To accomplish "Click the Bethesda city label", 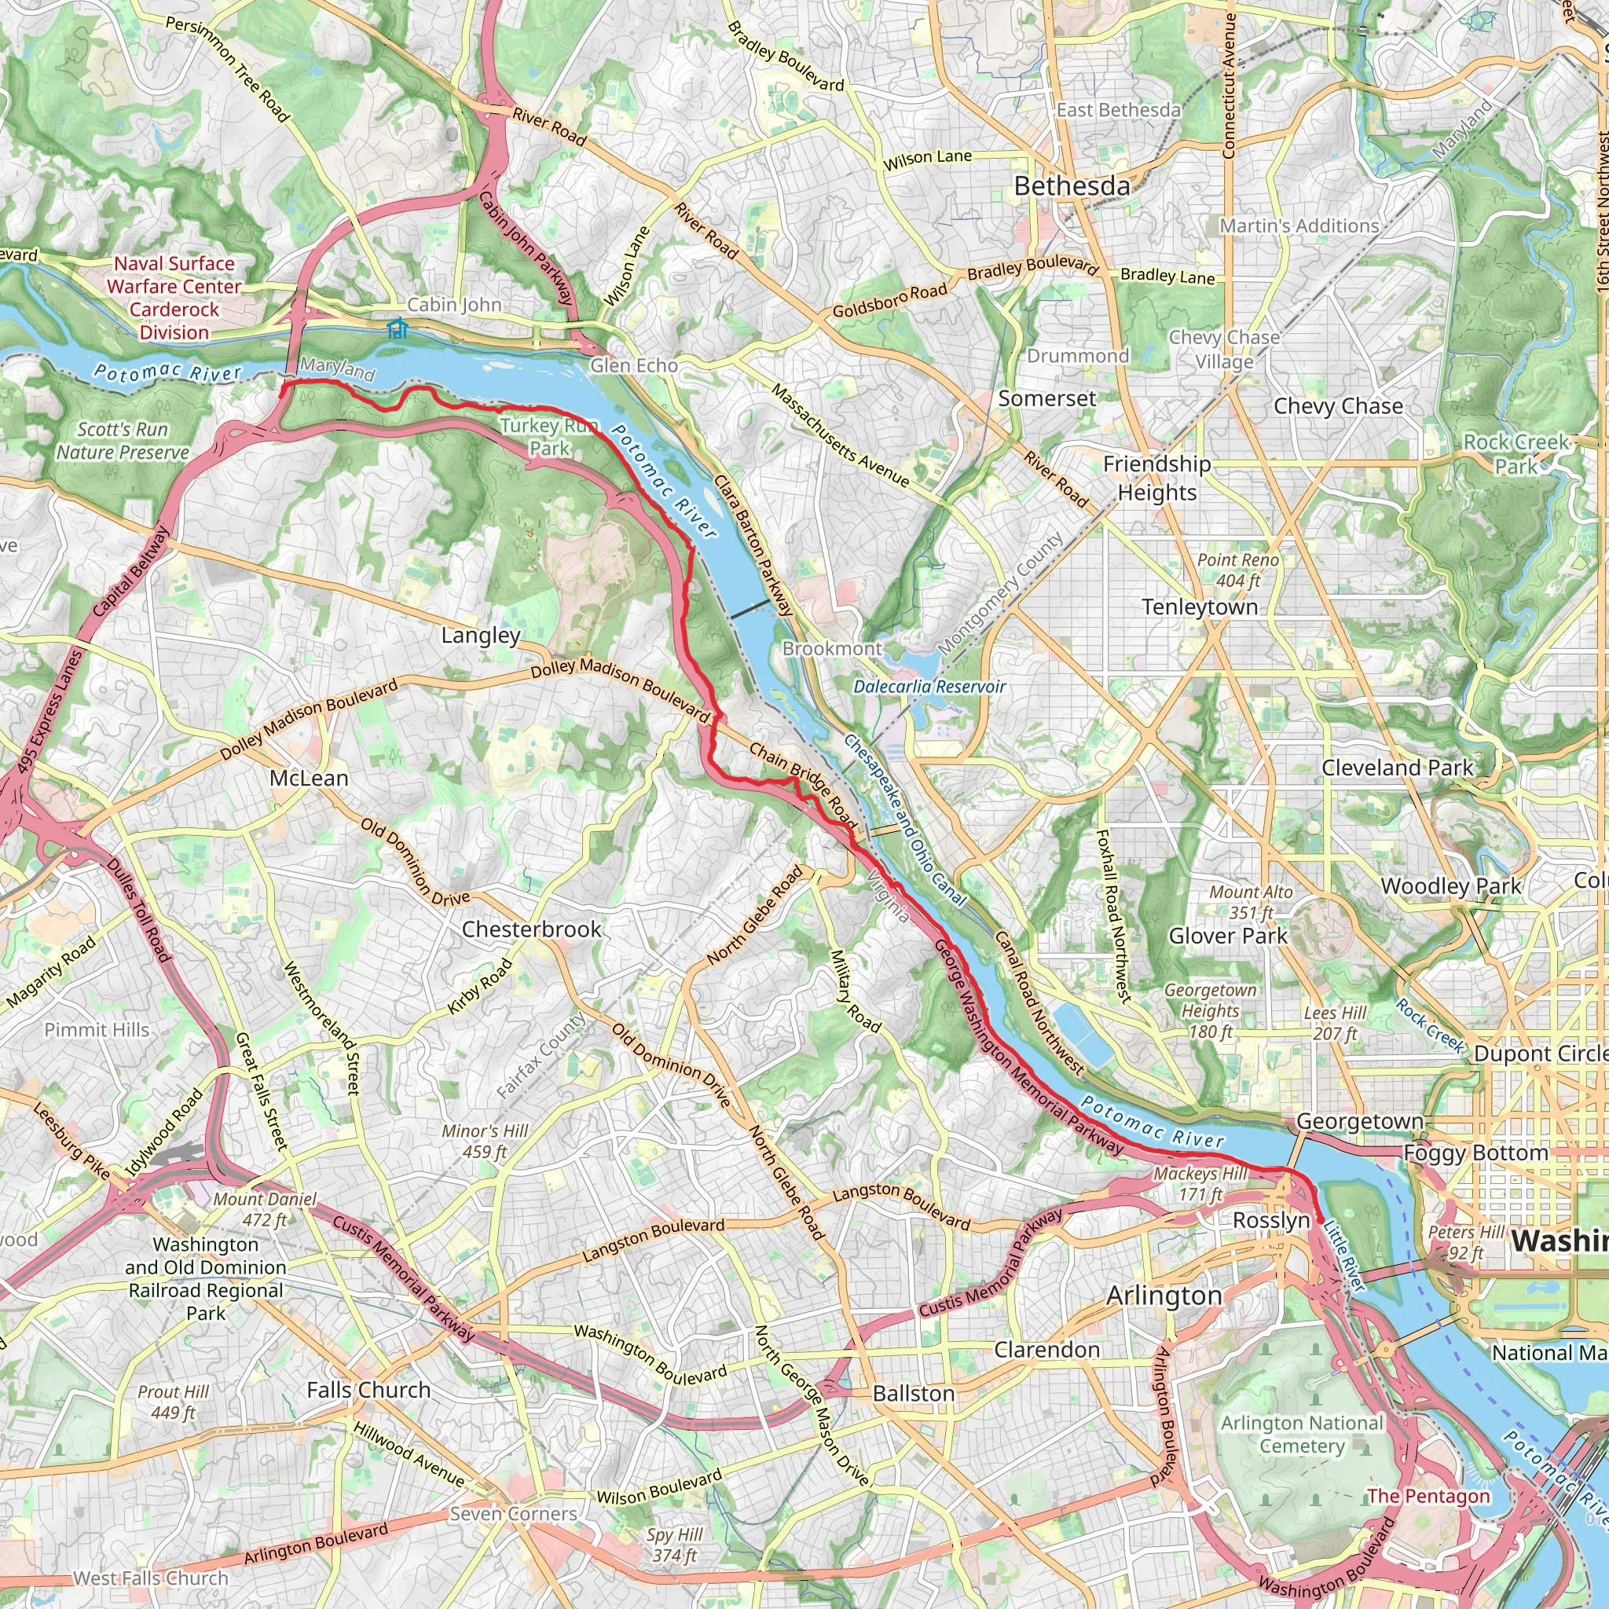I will pos(1071,186).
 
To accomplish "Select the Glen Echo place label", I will pos(633,365).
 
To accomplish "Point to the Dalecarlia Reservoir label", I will pos(929,687).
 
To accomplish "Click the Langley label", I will pos(481,636).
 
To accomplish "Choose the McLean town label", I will pos(309,778).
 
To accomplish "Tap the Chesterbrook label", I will pos(531,929).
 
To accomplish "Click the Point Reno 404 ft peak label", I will pos(1237,570).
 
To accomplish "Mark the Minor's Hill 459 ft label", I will pos(485,1141).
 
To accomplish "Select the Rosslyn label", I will pos(1271,1221).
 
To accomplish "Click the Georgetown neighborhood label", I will pos(1359,1122).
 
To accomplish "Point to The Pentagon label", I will pos(1428,1496).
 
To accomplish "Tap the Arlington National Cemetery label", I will pos(1302,1434).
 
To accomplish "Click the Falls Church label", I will pos(368,1390).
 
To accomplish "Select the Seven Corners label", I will pos(513,1513).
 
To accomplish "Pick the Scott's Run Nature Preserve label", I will pos(123,441).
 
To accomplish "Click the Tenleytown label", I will pos(1199,607).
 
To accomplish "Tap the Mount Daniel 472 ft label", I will pos(265,1209).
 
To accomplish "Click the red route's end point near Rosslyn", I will pos(1321,1221).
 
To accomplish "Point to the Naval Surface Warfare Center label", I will pos(174,298).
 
